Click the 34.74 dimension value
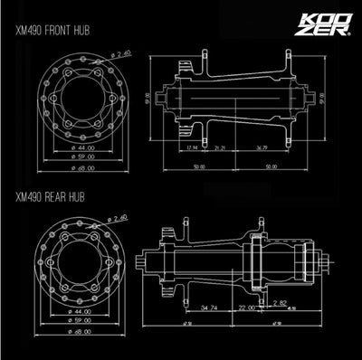click(210, 308)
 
